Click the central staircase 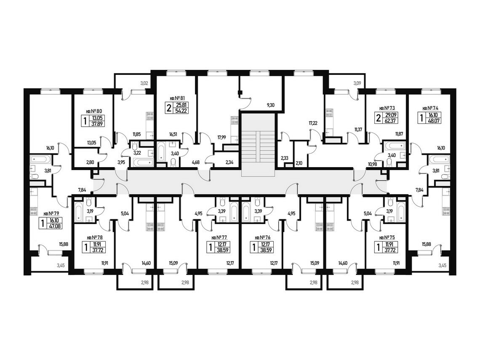[x=258, y=145]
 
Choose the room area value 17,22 [x=313, y=123]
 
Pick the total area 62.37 [x=395, y=120]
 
